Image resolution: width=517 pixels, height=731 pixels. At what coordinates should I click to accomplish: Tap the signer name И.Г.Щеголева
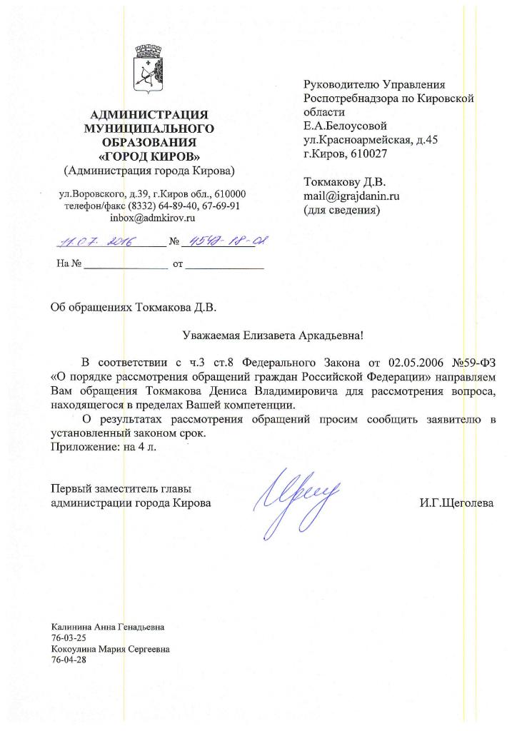[x=456, y=503]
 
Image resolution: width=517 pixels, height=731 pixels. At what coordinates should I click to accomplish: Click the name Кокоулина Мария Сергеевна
[x=110, y=649]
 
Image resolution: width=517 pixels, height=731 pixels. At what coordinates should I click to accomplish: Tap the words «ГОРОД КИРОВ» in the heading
[x=149, y=156]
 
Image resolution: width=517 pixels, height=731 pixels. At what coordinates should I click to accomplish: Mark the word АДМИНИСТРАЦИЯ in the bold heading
[x=149, y=115]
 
